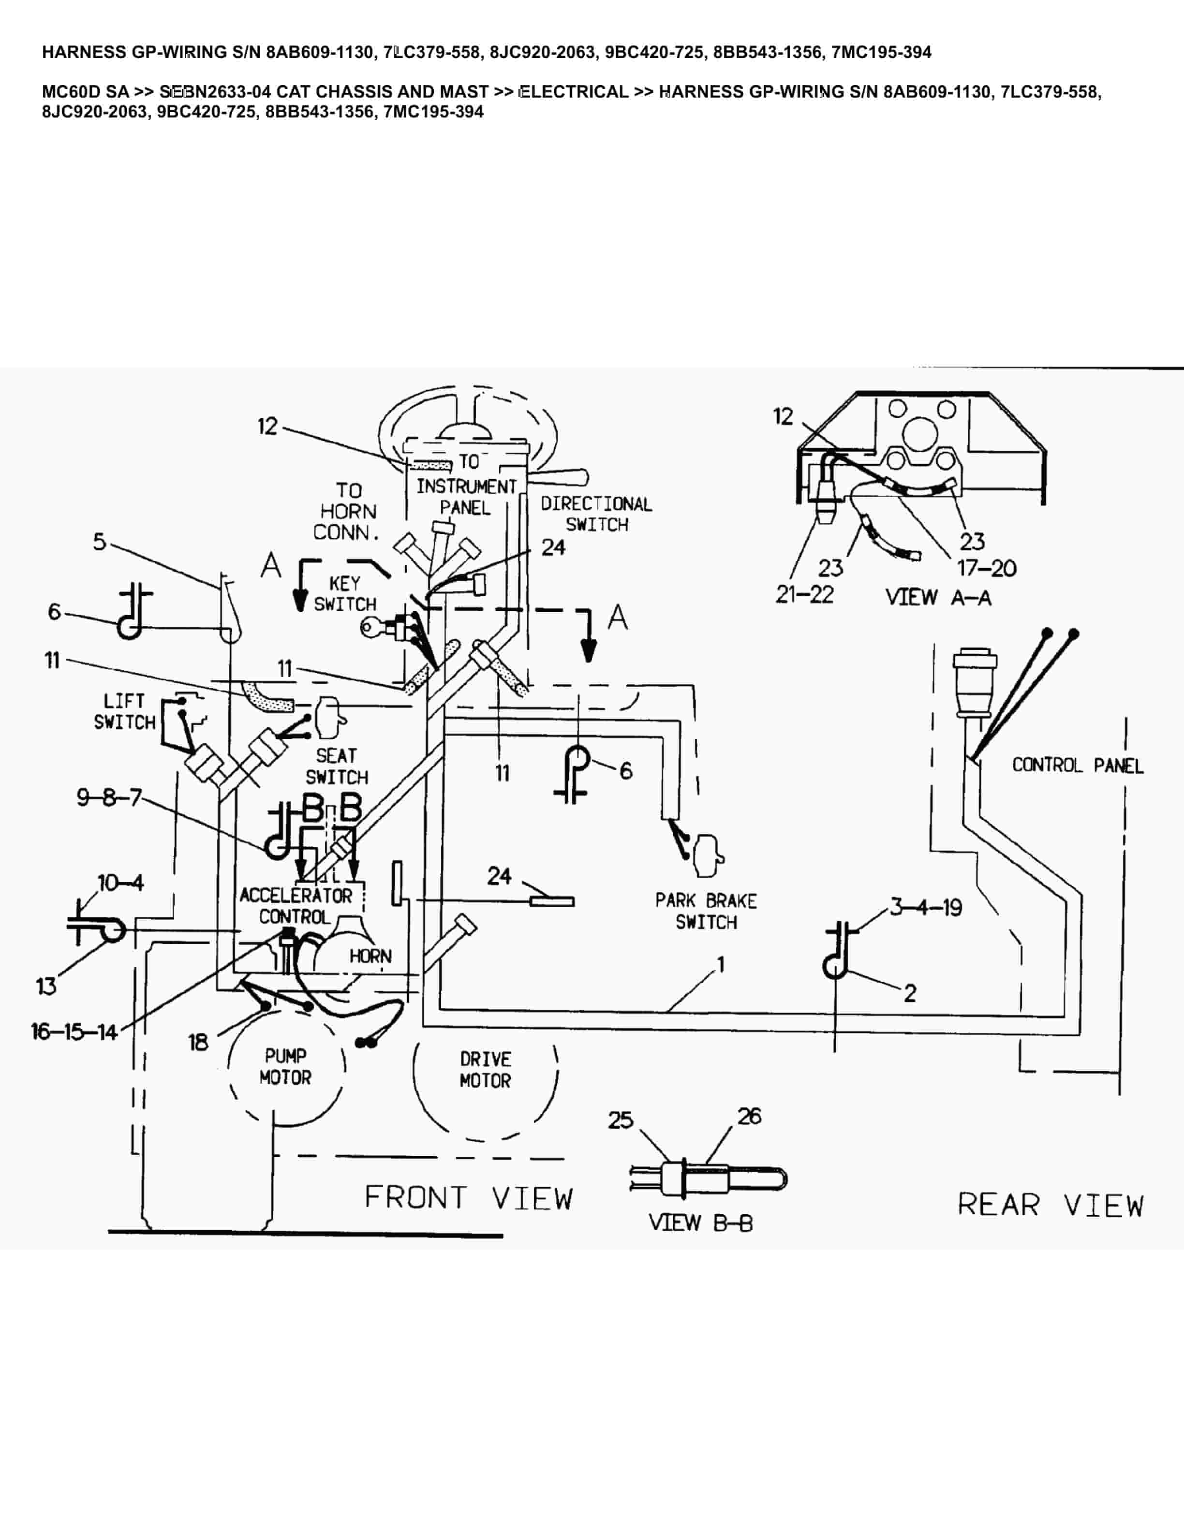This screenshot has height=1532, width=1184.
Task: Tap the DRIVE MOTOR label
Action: (x=486, y=1070)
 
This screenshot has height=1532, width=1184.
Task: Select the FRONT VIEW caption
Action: (x=469, y=1198)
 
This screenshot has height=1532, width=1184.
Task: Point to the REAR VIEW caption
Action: (x=1050, y=1205)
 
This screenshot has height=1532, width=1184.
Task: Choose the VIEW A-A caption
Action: (x=938, y=598)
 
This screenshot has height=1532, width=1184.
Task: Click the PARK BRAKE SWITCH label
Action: (x=706, y=911)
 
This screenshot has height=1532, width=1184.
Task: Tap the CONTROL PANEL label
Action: (x=1078, y=766)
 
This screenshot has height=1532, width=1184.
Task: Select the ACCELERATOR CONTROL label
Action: (x=296, y=906)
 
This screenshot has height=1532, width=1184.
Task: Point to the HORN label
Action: (x=370, y=956)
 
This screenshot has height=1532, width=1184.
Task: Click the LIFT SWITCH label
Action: (x=125, y=711)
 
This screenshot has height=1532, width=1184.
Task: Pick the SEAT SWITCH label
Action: (x=337, y=766)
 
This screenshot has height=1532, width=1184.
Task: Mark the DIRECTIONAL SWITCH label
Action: (x=596, y=514)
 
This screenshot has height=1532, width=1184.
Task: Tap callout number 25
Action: (x=620, y=1120)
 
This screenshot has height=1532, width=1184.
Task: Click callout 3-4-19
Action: (x=926, y=908)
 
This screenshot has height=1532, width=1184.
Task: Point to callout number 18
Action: (x=198, y=1043)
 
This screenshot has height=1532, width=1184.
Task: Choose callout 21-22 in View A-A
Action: (x=804, y=595)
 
